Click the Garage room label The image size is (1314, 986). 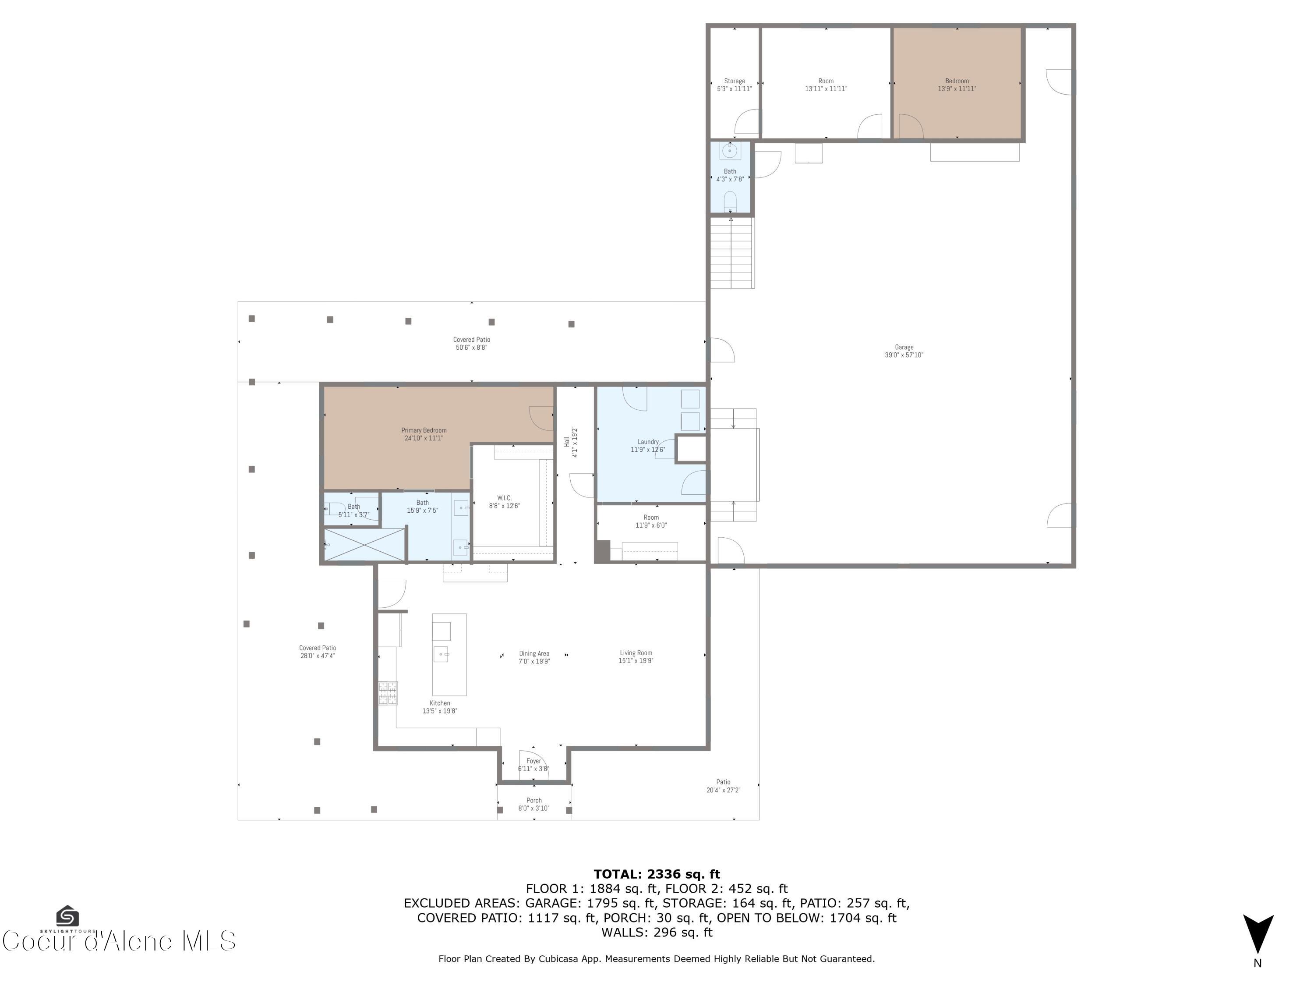point(904,351)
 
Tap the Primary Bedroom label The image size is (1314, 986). point(424,434)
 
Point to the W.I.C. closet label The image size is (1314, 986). point(504,502)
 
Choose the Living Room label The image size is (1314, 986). point(636,656)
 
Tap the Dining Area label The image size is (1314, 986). point(534,657)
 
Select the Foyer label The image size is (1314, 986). point(533,764)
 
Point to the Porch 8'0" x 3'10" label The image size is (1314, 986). point(533,804)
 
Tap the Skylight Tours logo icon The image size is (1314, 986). point(67,915)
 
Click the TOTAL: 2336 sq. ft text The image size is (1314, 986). point(657,874)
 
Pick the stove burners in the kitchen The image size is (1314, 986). point(388,692)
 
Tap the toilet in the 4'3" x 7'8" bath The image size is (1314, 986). point(730,201)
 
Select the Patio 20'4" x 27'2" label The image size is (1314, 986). point(723,786)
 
